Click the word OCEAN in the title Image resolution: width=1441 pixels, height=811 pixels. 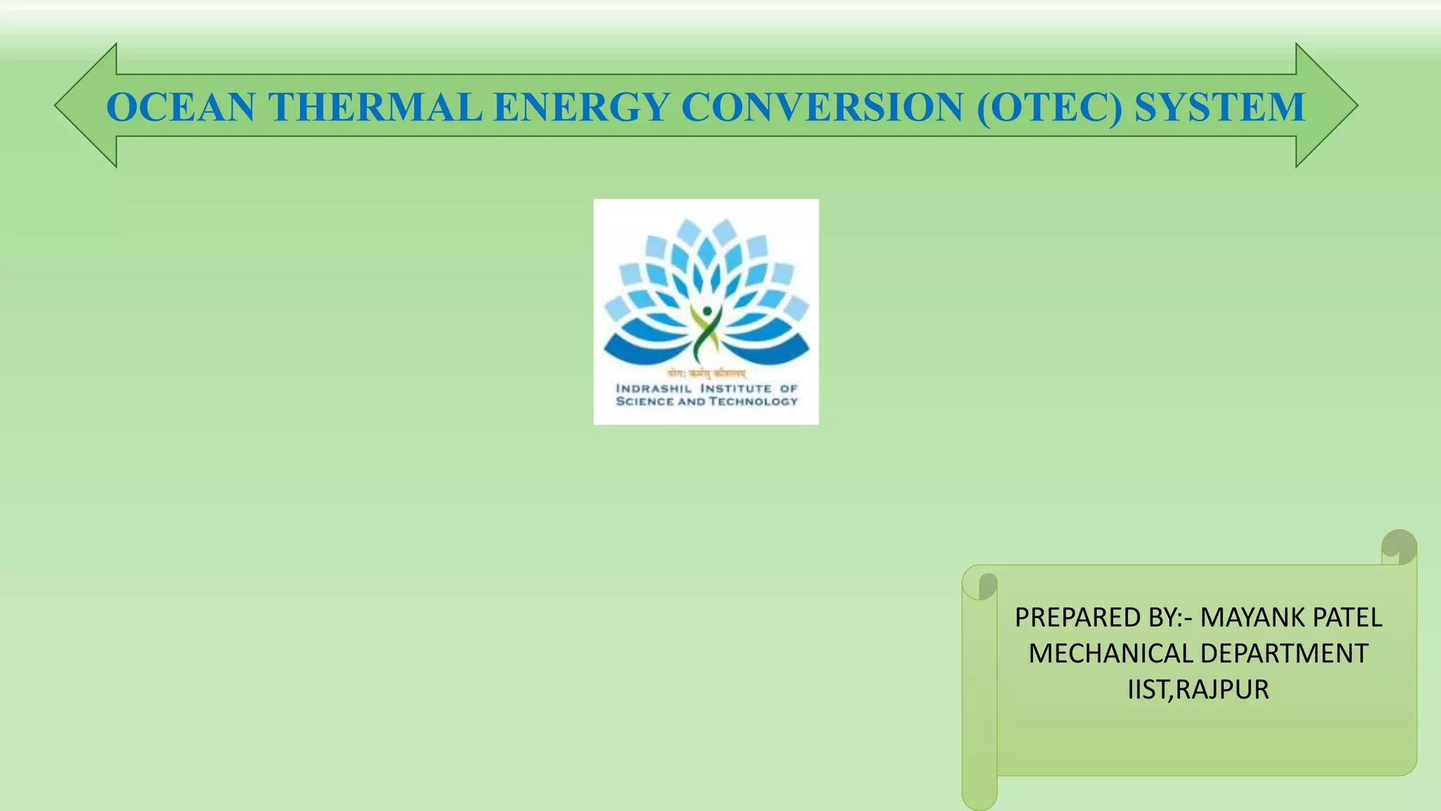click(x=181, y=108)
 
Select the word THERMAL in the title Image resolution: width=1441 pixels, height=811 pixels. click(x=375, y=108)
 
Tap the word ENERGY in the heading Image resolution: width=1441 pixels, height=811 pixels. click(x=581, y=108)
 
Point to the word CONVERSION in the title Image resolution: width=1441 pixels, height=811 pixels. click(x=822, y=108)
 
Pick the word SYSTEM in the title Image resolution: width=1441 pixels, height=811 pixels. click(x=1220, y=108)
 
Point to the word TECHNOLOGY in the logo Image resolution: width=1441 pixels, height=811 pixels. click(x=754, y=401)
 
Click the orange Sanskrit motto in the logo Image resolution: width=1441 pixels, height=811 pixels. click(x=706, y=374)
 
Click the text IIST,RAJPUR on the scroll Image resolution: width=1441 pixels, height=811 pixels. click(x=1198, y=689)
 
